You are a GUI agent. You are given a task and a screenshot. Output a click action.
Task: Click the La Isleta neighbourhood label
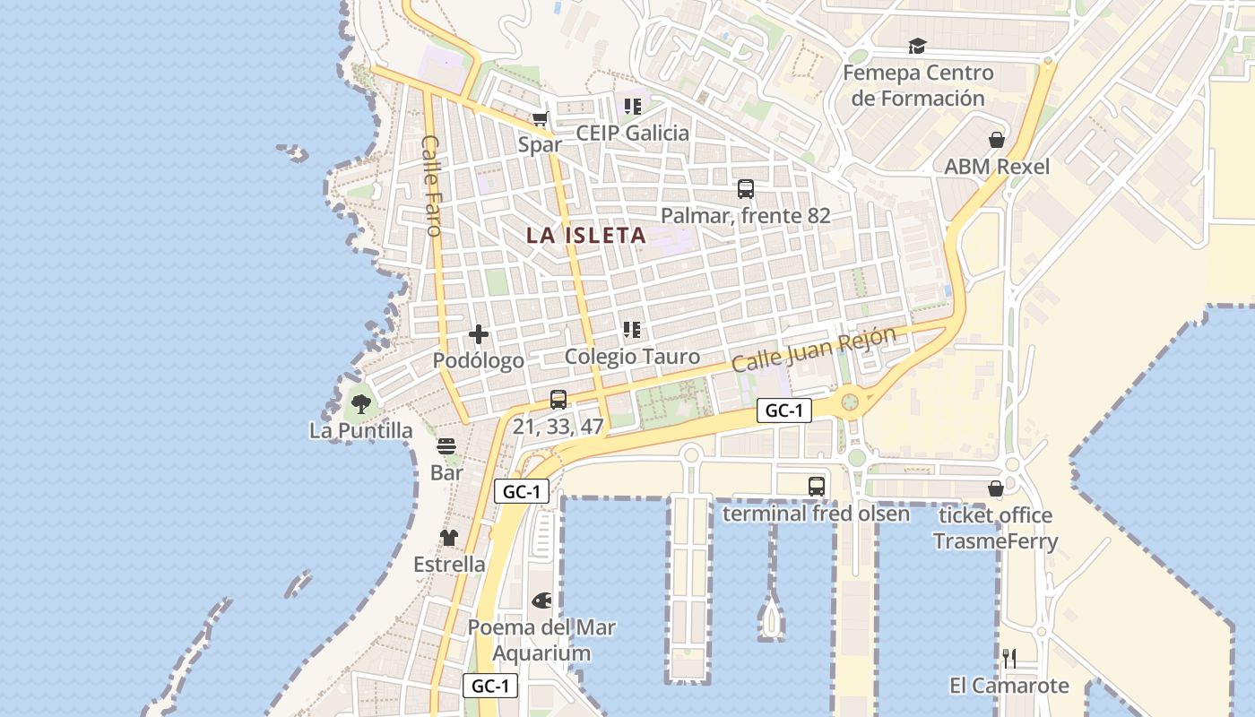(585, 236)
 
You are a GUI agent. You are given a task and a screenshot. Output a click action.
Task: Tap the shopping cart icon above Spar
(540, 118)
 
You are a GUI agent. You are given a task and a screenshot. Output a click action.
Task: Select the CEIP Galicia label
(633, 134)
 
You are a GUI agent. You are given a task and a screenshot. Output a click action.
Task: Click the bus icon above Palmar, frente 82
(745, 189)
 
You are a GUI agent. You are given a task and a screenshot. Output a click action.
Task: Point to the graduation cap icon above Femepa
(917, 47)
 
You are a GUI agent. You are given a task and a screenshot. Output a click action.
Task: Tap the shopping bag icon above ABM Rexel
(996, 140)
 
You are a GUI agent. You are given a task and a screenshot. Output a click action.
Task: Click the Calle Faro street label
(432, 186)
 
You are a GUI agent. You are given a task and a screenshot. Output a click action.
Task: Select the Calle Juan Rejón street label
(813, 350)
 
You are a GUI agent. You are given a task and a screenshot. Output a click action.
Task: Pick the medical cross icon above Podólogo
(479, 335)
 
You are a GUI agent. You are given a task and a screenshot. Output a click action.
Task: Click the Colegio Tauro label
(633, 357)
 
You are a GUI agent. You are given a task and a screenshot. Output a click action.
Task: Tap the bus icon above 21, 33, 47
(558, 400)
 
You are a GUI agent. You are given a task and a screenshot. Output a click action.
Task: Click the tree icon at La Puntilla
(360, 404)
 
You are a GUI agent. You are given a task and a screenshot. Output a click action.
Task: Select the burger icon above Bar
(446, 446)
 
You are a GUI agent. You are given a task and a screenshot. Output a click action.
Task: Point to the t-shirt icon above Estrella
(448, 538)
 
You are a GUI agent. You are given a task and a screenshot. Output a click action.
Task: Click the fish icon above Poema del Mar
(541, 600)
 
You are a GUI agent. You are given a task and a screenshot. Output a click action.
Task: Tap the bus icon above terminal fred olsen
(816, 487)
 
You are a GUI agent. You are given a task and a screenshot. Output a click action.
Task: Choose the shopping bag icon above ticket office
(995, 488)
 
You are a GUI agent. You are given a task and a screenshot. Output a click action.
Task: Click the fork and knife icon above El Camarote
(1008, 659)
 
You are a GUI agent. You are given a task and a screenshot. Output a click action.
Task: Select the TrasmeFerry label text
(995, 541)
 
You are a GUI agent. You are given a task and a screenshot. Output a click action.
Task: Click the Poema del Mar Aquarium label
(541, 640)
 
